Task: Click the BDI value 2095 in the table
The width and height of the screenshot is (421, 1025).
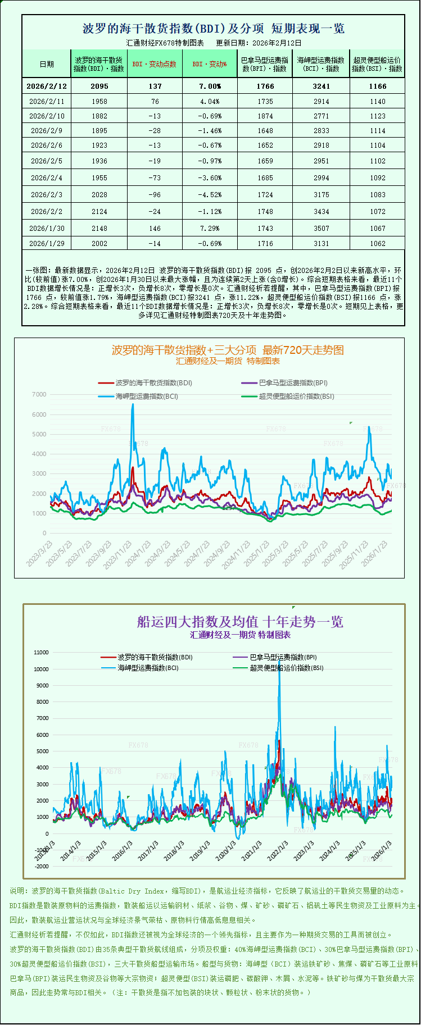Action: (x=99, y=86)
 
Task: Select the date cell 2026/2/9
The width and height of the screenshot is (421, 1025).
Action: (x=47, y=130)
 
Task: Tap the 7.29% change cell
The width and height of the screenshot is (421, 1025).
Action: (x=210, y=228)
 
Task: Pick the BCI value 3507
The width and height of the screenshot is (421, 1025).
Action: (x=322, y=228)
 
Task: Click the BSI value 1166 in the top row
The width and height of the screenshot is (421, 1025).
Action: (x=378, y=86)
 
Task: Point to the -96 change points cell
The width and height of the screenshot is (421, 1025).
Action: (x=155, y=194)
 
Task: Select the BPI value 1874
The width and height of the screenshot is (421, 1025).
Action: (x=265, y=116)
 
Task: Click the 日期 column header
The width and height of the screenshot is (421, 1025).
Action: (x=47, y=64)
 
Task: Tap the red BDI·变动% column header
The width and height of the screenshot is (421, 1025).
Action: (x=210, y=64)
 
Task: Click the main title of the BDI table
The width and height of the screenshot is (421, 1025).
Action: (x=213, y=28)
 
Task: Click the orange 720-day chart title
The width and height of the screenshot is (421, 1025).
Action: (x=228, y=350)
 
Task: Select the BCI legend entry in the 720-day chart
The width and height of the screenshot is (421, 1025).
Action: (x=147, y=396)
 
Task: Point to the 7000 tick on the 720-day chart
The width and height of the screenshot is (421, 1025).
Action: (x=39, y=394)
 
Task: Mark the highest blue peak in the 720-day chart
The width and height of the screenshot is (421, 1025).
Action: (x=133, y=404)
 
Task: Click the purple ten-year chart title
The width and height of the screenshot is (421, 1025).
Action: (x=240, y=621)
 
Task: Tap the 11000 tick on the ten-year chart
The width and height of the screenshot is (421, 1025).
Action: (x=42, y=653)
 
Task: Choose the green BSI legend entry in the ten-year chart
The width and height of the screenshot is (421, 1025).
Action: (x=286, y=668)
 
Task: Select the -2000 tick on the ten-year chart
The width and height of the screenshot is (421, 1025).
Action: (x=42, y=867)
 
